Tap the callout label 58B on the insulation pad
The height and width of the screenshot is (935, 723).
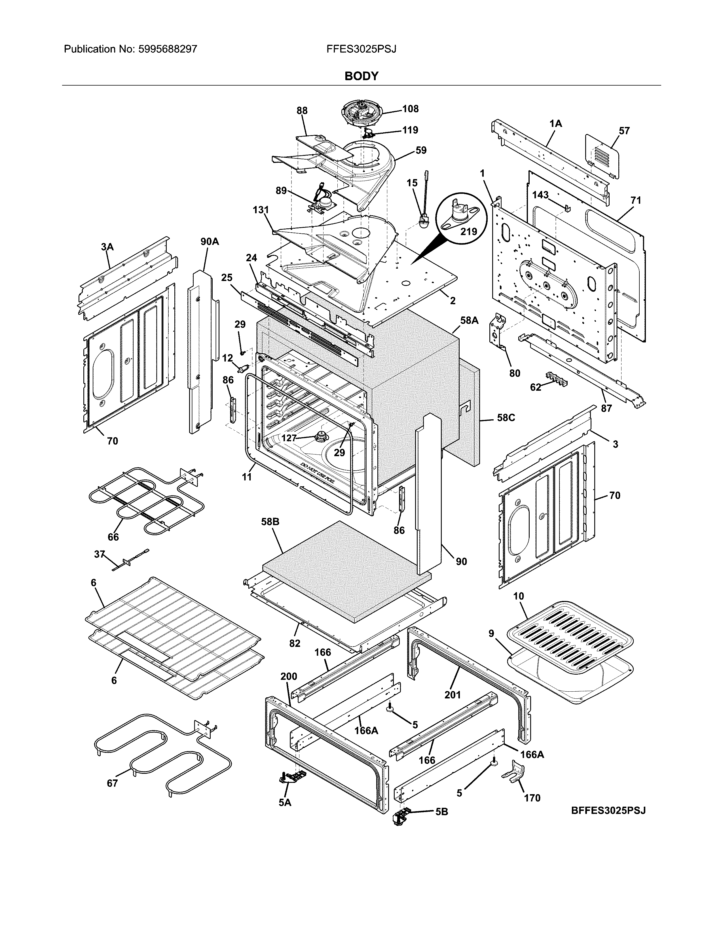270,522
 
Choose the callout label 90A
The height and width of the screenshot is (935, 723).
210,241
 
